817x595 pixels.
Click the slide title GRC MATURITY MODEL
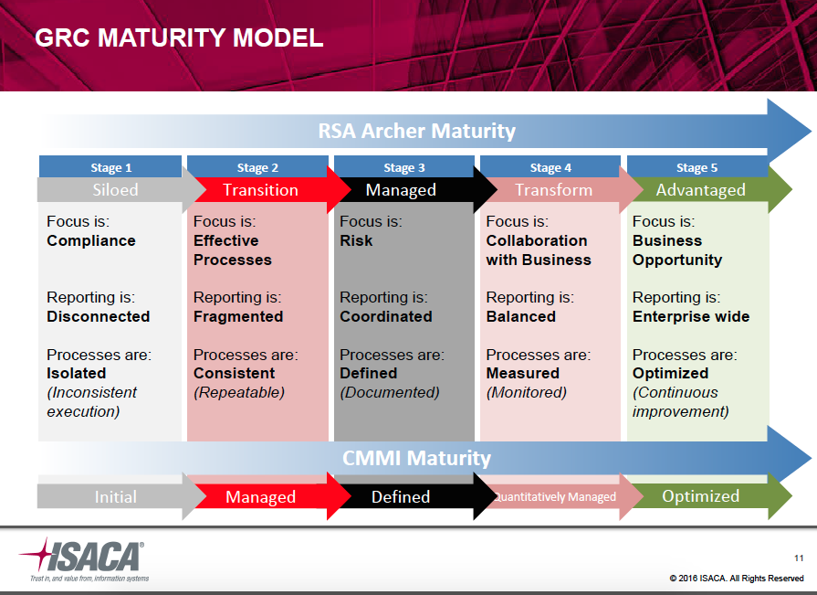[179, 38]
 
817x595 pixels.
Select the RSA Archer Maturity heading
[416, 131]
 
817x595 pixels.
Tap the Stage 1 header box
[110, 167]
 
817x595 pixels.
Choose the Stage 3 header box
[403, 167]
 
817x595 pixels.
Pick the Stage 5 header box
[697, 167]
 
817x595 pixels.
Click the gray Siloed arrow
[115, 190]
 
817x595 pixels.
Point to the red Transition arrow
[260, 190]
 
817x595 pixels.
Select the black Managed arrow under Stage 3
[401, 190]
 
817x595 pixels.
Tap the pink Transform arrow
[553, 190]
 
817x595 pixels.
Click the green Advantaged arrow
[700, 190]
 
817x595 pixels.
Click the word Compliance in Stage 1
[91, 241]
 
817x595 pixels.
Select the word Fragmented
[238, 317]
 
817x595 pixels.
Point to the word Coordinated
[386, 317]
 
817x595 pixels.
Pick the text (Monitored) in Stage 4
[526, 393]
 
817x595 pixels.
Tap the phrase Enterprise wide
[691, 317]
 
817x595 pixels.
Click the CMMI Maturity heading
[416, 458]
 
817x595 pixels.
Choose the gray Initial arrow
[115, 497]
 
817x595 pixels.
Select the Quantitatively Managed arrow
[555, 497]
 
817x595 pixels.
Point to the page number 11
[799, 558]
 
